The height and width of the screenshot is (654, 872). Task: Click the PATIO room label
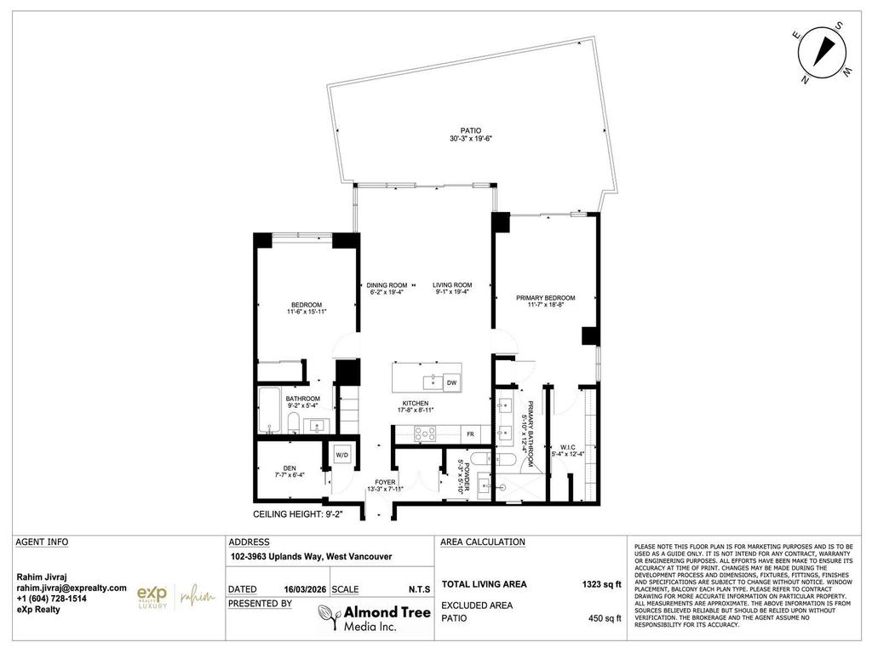460,130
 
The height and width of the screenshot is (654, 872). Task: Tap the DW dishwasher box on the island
451,383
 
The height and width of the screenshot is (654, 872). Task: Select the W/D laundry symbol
342,455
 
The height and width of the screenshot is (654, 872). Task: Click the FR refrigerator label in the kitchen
469,434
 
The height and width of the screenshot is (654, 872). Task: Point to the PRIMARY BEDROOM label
545,298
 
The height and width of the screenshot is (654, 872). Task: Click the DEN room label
290,467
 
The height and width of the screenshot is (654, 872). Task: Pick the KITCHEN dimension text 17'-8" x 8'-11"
416,410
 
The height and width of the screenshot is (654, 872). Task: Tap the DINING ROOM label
386,284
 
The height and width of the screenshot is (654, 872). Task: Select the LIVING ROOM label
451,284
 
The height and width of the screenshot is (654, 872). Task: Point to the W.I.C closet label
569,447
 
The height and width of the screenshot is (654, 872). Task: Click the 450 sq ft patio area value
605,618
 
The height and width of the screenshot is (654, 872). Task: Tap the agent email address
72,588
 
